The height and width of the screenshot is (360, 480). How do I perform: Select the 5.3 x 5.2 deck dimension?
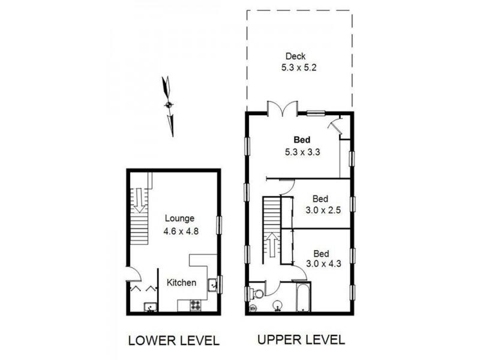click(299, 68)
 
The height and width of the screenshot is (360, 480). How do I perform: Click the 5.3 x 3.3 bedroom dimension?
click(302, 152)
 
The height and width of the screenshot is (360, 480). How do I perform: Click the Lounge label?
click(179, 218)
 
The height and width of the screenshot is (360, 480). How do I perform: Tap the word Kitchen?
click(182, 283)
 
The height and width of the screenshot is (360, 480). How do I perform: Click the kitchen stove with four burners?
click(196, 305)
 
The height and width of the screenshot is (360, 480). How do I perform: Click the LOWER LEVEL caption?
click(174, 341)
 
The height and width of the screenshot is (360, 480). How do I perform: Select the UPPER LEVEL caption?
click(301, 340)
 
